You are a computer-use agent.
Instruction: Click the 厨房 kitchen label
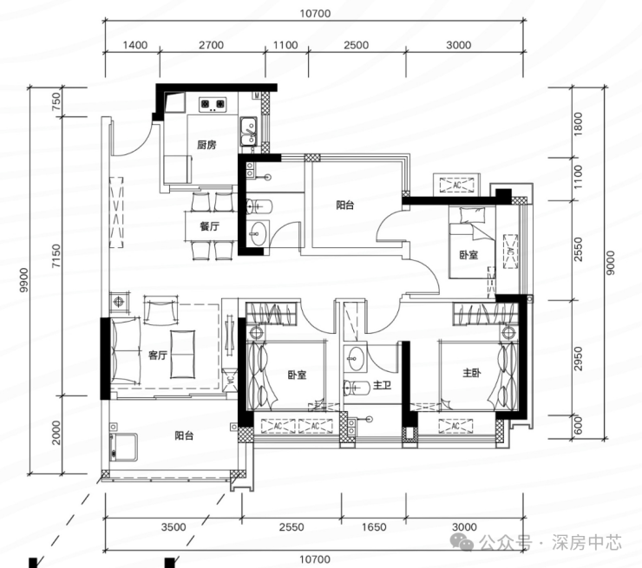(206, 145)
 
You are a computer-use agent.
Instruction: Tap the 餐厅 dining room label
(210, 226)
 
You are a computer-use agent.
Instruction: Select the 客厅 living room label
(158, 355)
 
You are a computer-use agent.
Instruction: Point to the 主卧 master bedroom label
(472, 373)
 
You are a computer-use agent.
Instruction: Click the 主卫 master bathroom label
(382, 385)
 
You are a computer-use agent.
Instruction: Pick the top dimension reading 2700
(212, 45)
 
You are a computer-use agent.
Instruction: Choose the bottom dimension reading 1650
(374, 526)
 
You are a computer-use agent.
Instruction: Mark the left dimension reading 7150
(56, 256)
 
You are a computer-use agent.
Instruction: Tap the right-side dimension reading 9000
(611, 263)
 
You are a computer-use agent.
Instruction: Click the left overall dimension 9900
(24, 280)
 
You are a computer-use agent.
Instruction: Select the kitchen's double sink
(248, 131)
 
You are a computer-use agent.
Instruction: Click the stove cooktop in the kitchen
(213, 104)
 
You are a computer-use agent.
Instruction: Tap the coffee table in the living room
(182, 354)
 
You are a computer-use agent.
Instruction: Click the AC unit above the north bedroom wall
(457, 185)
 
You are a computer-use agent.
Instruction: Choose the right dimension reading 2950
(578, 359)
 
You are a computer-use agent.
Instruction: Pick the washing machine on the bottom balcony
(123, 447)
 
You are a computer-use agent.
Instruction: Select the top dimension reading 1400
(134, 45)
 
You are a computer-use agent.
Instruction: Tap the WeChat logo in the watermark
(462, 543)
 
